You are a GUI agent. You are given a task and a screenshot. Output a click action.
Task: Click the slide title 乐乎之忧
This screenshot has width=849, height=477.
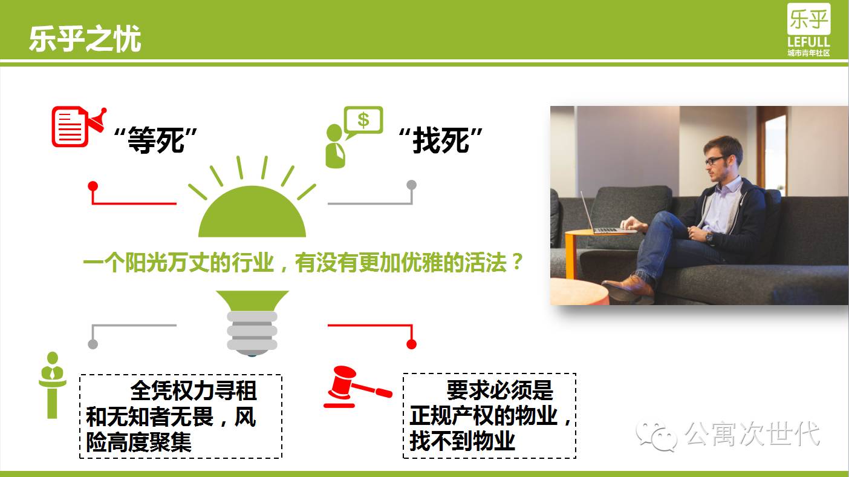pyautogui.click(x=85, y=39)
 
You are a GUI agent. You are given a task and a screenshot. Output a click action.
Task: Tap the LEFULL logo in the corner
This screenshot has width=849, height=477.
pyautogui.click(x=808, y=30)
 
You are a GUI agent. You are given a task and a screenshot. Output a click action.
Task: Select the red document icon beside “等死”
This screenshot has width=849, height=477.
pyautogui.click(x=71, y=126)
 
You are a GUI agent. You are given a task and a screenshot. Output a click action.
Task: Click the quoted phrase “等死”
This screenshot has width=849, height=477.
pyautogui.click(x=157, y=141)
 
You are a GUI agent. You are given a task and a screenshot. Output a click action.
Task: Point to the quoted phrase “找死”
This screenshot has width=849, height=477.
pyautogui.click(x=442, y=141)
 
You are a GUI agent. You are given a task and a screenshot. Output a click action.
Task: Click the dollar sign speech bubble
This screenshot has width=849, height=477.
pyautogui.click(x=363, y=120)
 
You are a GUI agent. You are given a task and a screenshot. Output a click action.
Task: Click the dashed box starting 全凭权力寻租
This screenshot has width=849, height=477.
pyautogui.click(x=181, y=416)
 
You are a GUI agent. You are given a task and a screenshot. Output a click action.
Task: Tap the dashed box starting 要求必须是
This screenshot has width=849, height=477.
pyautogui.click(x=489, y=416)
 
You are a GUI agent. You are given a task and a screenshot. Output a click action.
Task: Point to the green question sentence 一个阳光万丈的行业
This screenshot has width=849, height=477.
pyautogui.click(x=302, y=264)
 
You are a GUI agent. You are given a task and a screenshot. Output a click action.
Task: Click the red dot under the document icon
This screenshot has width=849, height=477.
pyautogui.click(x=93, y=186)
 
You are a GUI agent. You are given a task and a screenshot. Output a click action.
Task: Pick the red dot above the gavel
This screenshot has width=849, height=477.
pyautogui.click(x=412, y=344)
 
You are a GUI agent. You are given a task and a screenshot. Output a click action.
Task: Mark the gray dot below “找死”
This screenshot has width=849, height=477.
pyautogui.click(x=411, y=185)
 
